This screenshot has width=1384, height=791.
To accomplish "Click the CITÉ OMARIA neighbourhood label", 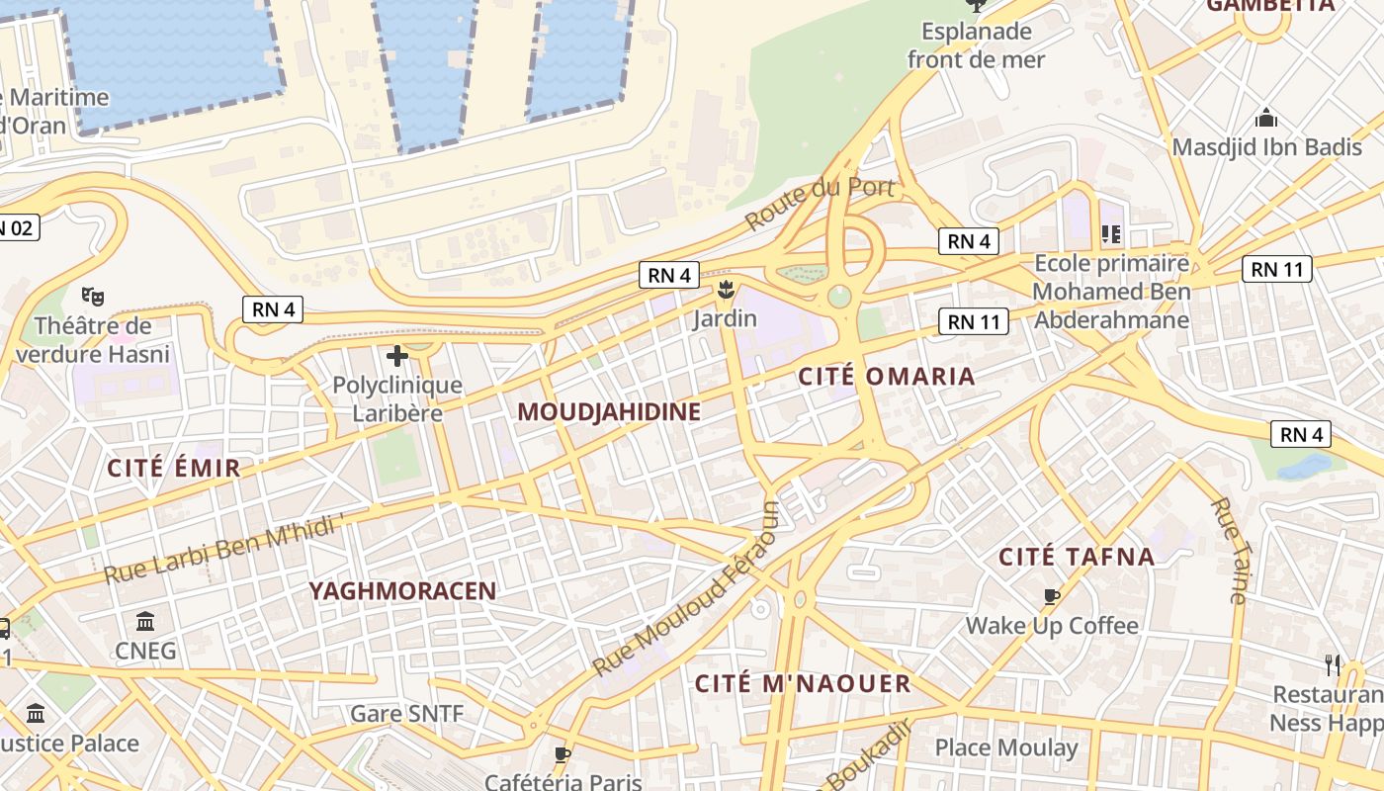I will pyautogui.click(x=886, y=377).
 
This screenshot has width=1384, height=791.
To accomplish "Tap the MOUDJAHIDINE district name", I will pyautogui.click(x=609, y=412).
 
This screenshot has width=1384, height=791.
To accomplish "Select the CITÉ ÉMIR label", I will pyautogui.click(x=174, y=469).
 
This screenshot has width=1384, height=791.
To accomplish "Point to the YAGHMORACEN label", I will pyautogui.click(x=402, y=591).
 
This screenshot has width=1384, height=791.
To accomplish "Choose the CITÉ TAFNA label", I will pyautogui.click(x=1077, y=557).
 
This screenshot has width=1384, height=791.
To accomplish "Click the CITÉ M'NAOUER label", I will pyautogui.click(x=803, y=684).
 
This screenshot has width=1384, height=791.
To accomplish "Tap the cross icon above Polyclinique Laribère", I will pyautogui.click(x=397, y=355).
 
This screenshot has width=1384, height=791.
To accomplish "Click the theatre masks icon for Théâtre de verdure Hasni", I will pyautogui.click(x=93, y=296).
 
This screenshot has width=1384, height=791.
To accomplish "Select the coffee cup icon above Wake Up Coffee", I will pyautogui.click(x=1052, y=596).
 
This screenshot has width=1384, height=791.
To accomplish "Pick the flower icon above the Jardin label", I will pyautogui.click(x=726, y=289).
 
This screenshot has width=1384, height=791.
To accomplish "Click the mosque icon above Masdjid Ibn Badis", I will pyautogui.click(x=1266, y=119).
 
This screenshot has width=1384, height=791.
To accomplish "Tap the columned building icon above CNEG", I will pyautogui.click(x=145, y=621).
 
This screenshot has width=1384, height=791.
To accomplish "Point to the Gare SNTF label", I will pyautogui.click(x=406, y=714).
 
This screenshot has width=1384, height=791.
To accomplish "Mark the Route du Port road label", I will pyautogui.click(x=820, y=202).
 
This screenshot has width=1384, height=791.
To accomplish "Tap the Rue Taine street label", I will pyautogui.click(x=1229, y=551).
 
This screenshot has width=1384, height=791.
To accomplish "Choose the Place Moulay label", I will pyautogui.click(x=1006, y=747).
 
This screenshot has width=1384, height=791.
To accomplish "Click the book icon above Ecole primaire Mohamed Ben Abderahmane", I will pyautogui.click(x=1110, y=234).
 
